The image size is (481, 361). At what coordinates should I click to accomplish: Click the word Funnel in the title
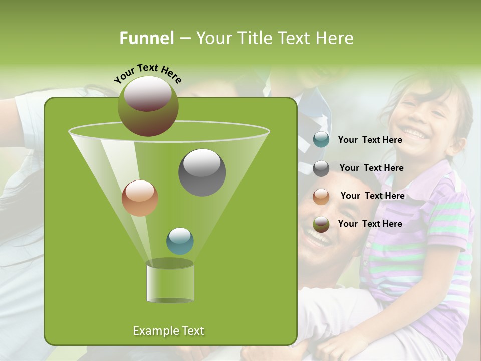[146, 38]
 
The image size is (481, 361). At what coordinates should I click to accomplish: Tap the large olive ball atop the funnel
[148, 106]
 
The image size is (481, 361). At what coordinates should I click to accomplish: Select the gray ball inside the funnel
[202, 172]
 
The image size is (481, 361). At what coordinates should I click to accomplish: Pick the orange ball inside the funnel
[140, 198]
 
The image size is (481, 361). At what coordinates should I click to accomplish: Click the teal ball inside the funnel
[180, 241]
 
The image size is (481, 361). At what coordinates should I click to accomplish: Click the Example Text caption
[168, 331]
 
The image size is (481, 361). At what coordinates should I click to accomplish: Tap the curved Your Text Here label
[147, 73]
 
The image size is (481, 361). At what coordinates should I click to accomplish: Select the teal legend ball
[321, 140]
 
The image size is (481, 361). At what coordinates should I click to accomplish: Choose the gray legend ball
[321, 168]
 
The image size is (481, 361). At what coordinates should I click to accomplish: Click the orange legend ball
[321, 196]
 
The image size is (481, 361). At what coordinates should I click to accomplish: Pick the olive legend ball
[321, 224]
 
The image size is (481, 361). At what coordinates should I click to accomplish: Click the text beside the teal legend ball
[370, 140]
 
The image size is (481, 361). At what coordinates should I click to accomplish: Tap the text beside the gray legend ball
[371, 168]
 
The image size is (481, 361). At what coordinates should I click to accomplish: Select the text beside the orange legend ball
[372, 196]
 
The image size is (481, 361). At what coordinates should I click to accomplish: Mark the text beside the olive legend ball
[370, 224]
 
